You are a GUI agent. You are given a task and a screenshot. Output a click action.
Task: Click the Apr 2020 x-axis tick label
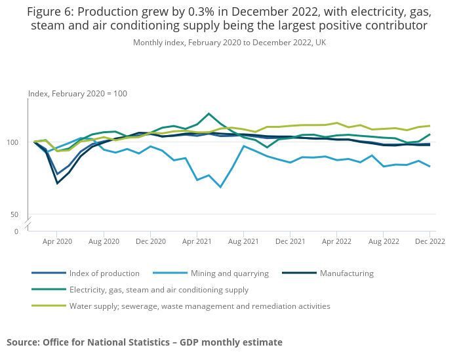[x=57, y=241]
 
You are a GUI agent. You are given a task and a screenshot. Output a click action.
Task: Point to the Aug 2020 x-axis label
[x=104, y=241]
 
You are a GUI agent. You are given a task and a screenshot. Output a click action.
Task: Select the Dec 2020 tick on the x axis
[x=150, y=241]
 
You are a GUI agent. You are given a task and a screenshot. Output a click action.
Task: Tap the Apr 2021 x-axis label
[x=197, y=241]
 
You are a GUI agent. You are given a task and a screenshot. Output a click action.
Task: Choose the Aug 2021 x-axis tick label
[x=243, y=241]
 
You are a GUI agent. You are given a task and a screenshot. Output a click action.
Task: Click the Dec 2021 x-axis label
[x=290, y=241]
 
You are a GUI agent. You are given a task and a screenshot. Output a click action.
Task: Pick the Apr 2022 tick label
[x=336, y=241]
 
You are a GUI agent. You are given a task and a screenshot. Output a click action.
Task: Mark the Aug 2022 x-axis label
[x=383, y=241]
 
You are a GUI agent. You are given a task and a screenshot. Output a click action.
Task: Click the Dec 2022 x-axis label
[x=429, y=241]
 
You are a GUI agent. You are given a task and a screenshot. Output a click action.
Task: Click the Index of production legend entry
[x=104, y=273]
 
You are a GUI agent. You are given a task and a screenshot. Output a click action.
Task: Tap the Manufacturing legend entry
[x=346, y=273]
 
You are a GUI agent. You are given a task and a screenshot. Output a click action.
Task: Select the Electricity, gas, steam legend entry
[x=159, y=290]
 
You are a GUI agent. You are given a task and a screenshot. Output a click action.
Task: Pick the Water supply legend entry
[x=199, y=306]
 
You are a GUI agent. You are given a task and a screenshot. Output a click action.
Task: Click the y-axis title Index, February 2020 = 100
[x=77, y=94]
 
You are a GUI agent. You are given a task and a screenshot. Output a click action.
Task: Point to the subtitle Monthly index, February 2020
[x=229, y=43]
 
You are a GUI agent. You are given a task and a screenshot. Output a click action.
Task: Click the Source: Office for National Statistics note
[x=144, y=342]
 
